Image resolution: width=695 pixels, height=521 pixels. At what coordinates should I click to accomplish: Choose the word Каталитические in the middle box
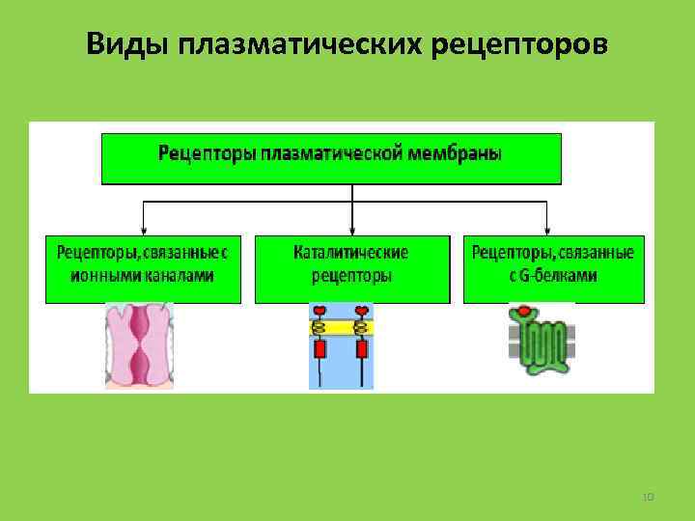coord(351,253)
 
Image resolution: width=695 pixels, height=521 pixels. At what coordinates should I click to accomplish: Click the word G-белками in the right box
coord(563,275)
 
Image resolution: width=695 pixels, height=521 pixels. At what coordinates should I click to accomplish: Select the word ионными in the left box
coord(99,275)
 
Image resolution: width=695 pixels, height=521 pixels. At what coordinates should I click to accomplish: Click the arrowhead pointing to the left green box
coord(143,230)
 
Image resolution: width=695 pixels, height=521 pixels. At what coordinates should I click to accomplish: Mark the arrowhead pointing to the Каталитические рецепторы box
coord(352,230)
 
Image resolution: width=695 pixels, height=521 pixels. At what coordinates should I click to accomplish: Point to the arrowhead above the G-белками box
coord(547,230)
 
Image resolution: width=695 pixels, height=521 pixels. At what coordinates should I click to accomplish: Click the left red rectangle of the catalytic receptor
coord(320,346)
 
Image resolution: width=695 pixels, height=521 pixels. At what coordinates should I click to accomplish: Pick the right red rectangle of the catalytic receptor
coord(362,346)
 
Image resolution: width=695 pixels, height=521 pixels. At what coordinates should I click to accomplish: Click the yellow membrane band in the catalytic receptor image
coord(341,328)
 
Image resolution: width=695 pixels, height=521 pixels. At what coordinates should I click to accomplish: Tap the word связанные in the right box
coord(599,253)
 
